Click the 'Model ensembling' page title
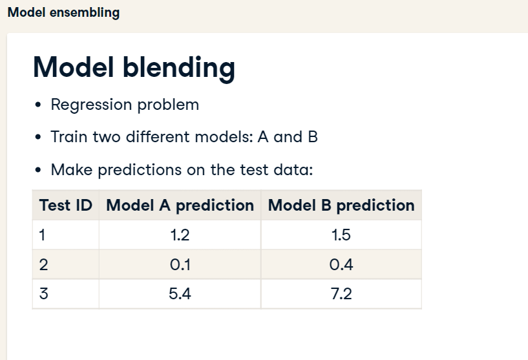63,13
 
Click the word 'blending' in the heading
179,68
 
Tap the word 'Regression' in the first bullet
91,105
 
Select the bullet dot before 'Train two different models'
38,137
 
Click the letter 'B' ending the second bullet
313,137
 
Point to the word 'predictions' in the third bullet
140,170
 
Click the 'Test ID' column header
66,205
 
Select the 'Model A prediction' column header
180,206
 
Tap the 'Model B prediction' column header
341,206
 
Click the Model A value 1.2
180,235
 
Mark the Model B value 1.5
341,235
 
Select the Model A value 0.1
180,265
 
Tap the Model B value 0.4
341,265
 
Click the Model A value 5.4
180,293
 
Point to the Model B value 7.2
341,293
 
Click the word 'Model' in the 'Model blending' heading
73,67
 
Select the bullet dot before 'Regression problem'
38,105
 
